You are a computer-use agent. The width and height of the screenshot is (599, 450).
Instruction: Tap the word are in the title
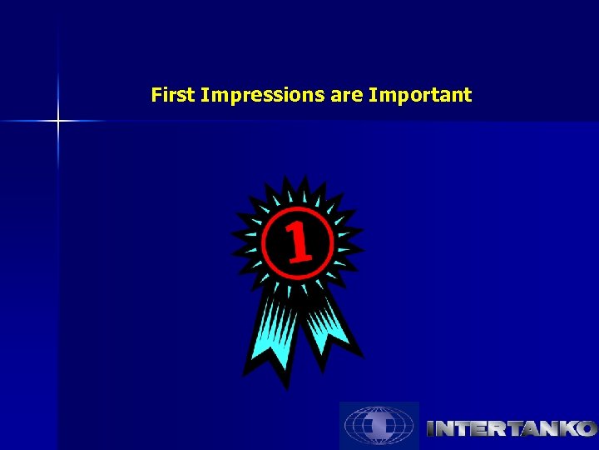coord(347,96)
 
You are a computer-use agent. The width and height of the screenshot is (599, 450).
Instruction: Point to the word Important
coord(420,96)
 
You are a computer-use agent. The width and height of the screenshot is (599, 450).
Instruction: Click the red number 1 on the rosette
coord(299,242)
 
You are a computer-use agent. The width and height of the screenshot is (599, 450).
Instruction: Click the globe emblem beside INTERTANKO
coord(379,426)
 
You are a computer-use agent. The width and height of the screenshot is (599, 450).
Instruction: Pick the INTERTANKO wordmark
coord(511,428)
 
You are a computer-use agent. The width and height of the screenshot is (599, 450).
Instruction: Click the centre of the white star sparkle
coord(58,122)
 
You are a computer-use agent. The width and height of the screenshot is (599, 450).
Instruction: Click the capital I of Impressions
coord(204,95)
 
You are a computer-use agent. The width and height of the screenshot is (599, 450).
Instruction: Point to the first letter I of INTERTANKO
coord(431,428)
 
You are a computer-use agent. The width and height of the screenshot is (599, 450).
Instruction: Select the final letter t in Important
coord(468,96)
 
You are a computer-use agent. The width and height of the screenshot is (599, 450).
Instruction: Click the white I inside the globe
coord(379,426)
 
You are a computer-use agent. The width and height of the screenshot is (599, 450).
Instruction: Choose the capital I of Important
coord(372,95)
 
